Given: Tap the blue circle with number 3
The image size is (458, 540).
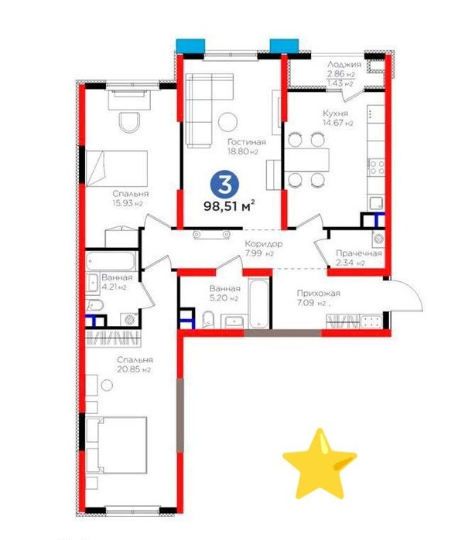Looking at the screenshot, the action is (x=225, y=184).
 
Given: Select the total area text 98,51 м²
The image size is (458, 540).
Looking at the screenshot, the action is (x=230, y=205).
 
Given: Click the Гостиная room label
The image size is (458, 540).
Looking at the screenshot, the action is (x=247, y=142).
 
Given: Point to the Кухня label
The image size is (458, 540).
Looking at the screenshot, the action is (x=335, y=114).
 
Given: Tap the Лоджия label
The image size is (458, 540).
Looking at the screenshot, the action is (x=344, y=64).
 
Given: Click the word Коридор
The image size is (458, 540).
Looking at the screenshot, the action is (x=264, y=244).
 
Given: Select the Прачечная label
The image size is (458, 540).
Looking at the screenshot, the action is (x=359, y=253).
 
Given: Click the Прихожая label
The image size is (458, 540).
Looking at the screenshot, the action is (x=319, y=294).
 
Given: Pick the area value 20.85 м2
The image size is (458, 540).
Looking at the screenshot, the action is (x=134, y=370).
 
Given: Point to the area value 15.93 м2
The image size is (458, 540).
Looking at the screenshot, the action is (x=127, y=203).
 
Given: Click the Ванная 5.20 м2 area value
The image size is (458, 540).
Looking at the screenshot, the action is (x=224, y=298).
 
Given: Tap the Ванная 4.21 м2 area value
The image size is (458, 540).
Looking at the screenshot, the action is (x=114, y=287).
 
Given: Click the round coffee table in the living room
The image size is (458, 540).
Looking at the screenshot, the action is (x=227, y=121).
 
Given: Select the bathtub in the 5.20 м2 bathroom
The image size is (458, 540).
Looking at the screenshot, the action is (x=259, y=304).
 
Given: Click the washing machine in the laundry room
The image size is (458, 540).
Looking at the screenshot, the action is (x=378, y=238).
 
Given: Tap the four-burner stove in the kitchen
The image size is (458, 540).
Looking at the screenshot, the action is (x=377, y=168).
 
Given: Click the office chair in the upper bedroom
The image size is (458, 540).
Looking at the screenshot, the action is (x=130, y=122).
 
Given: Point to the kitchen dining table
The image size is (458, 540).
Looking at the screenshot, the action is (x=306, y=160).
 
